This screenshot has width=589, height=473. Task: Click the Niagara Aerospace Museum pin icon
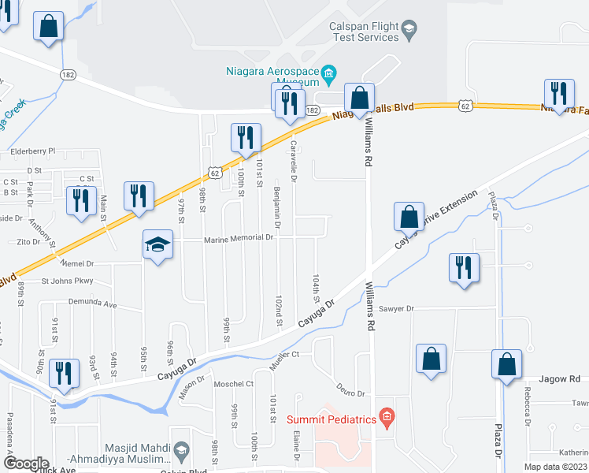[330, 76]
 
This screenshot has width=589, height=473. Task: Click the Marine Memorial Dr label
[238, 237]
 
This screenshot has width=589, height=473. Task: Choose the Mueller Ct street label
[284, 355]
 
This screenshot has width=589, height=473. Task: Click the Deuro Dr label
[350, 393]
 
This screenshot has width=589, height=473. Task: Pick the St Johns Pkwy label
[67, 280]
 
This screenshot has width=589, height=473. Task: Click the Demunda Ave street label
[93, 304]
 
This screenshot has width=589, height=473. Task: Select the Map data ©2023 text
[556, 467]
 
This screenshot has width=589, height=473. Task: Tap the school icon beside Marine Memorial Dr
[157, 246]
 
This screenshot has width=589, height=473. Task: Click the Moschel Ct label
[234, 384]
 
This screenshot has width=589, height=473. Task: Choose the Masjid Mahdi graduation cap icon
[181, 450]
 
